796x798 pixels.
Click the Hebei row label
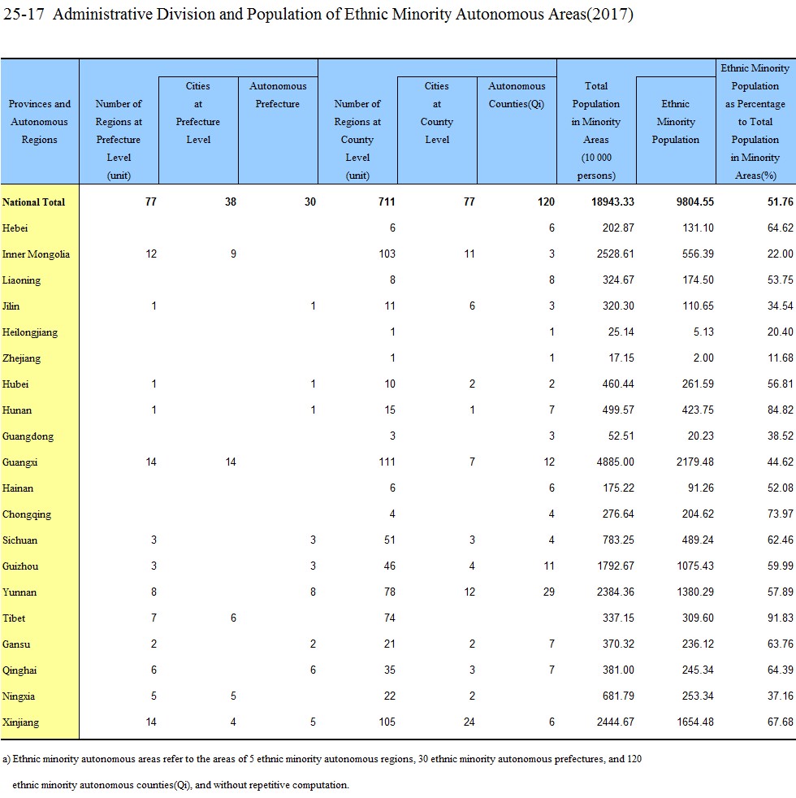(15, 228)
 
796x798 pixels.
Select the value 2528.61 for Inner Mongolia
(615, 254)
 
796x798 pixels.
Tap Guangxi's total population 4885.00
(615, 462)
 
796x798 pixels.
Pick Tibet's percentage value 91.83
(781, 618)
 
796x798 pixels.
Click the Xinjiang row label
(20, 722)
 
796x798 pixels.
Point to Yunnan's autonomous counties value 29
(548, 592)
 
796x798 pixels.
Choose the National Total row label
(33, 202)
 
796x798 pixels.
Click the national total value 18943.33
(612, 202)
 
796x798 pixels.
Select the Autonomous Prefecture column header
(278, 94)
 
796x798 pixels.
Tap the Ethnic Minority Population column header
(676, 122)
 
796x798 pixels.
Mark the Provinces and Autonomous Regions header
(39, 122)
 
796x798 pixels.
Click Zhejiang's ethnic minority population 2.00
(703, 358)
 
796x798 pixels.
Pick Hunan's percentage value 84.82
(781, 410)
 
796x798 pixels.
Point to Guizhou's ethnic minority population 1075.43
(694, 566)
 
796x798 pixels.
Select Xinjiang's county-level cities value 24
(469, 722)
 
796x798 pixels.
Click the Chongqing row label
(27, 514)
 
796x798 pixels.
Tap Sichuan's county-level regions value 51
(390, 540)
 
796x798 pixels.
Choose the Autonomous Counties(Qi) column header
(517, 94)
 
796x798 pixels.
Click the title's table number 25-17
(24, 14)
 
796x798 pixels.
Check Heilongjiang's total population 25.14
(621, 332)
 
